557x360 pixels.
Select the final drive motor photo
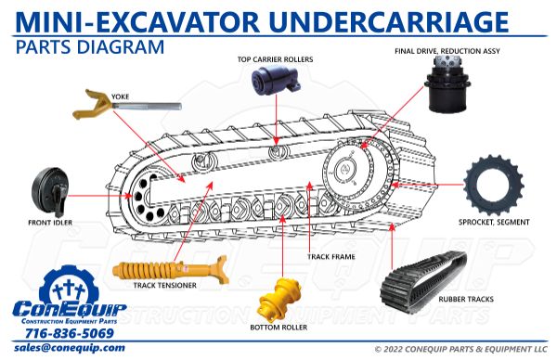[448, 84]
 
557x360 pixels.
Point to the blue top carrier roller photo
[276, 81]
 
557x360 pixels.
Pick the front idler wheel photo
[49, 192]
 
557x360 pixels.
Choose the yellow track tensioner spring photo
[170, 271]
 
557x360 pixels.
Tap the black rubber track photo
[423, 284]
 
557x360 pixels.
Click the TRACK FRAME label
[331, 256]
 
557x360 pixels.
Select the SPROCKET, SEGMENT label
[494, 223]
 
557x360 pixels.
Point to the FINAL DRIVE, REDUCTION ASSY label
[447, 51]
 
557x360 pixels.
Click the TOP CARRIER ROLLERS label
[276, 59]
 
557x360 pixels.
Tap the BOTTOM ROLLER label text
[278, 328]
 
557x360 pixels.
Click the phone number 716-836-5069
[70, 333]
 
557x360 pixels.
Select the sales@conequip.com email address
[70, 348]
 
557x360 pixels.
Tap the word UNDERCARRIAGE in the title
[389, 22]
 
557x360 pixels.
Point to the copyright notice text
[461, 350]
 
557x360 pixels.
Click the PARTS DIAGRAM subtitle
[89, 47]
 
